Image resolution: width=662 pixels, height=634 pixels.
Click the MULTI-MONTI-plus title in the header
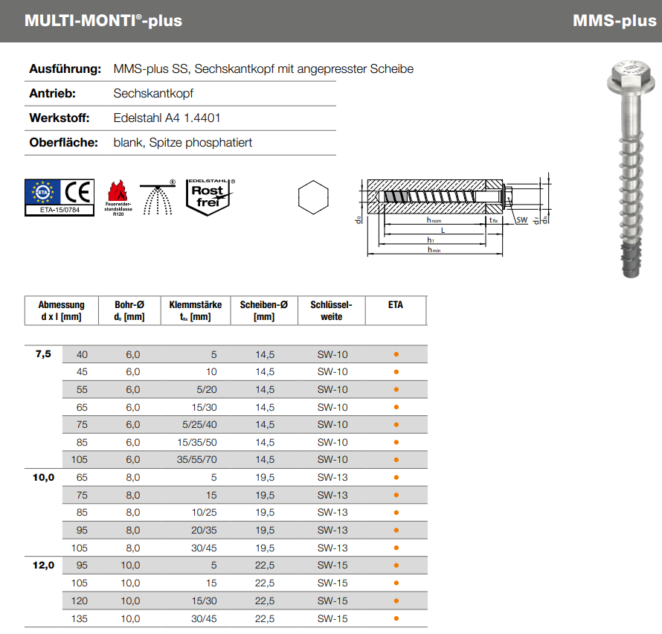(x=103, y=21)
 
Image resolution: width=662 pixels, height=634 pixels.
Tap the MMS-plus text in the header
(x=614, y=21)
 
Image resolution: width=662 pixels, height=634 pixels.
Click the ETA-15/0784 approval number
(x=60, y=211)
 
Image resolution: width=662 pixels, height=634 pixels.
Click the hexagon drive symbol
(x=312, y=198)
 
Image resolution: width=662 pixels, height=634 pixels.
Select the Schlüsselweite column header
(x=331, y=310)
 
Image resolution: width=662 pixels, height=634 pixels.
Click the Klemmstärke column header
(x=195, y=310)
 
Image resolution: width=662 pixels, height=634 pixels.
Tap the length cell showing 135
(x=79, y=618)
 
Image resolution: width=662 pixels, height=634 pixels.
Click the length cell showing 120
(x=79, y=601)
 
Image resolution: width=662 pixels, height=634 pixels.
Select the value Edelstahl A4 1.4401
(x=167, y=118)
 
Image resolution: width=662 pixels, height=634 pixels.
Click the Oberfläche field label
(x=64, y=142)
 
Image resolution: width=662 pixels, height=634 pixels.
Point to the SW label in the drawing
(x=521, y=220)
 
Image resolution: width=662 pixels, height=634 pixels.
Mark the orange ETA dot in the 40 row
(x=396, y=354)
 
